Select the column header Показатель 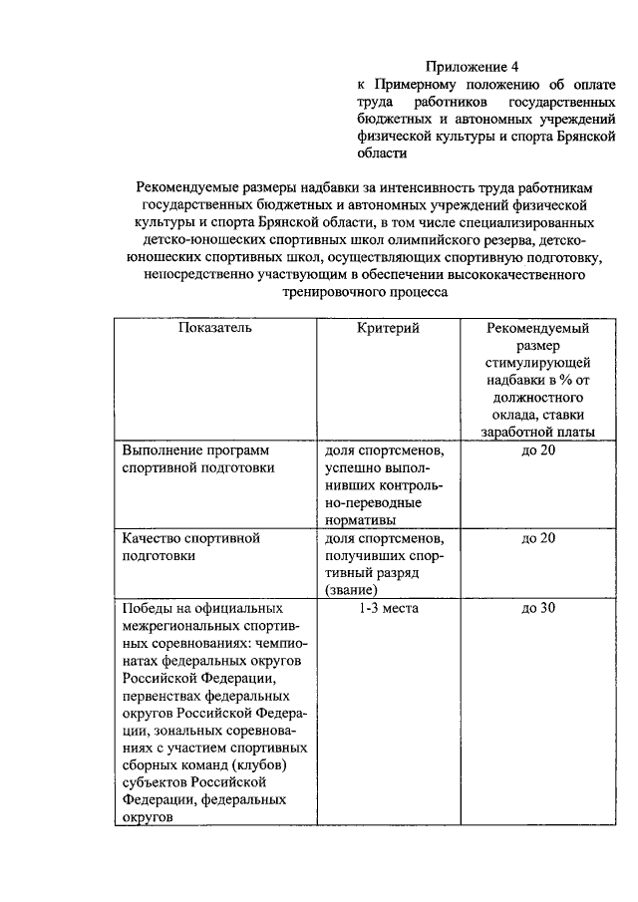click(x=215, y=327)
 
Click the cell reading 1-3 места click(x=388, y=608)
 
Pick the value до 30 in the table click(x=538, y=608)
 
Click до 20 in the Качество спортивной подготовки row click(x=538, y=538)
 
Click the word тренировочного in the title click(x=329, y=292)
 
